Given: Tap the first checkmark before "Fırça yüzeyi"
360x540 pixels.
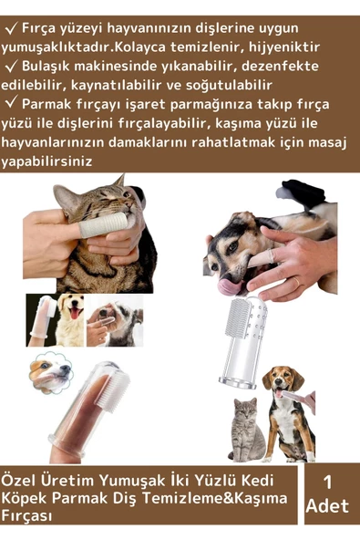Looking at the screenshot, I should pos(13,27).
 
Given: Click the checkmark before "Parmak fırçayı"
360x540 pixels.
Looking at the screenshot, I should pos(13,103).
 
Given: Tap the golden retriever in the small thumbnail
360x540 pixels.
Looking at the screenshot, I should pos(67,310).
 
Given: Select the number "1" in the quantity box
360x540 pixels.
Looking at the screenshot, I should pos(327,483).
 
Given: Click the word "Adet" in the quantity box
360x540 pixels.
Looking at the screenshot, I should pos(327,506).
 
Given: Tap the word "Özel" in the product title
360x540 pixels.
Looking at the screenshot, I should pos(21,479).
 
